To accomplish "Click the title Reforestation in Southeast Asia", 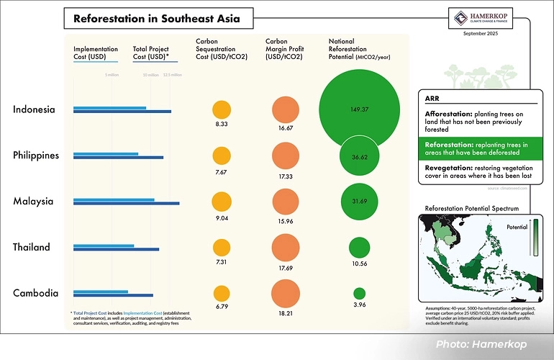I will coord(157,18).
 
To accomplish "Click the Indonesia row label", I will coord(34,109).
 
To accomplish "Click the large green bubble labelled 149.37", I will coord(358,109).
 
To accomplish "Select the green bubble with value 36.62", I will coord(358,156).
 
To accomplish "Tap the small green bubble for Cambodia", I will coord(359,293).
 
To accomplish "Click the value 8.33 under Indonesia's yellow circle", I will coord(222,125).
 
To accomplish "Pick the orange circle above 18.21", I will coord(286,292).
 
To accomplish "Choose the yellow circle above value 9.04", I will coord(222,201).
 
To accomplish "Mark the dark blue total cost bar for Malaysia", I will coord(126,204).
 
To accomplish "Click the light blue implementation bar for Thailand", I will coord(104,246).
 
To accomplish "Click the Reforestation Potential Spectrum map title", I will coord(471,208).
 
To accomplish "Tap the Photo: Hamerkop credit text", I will coord(484,344).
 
